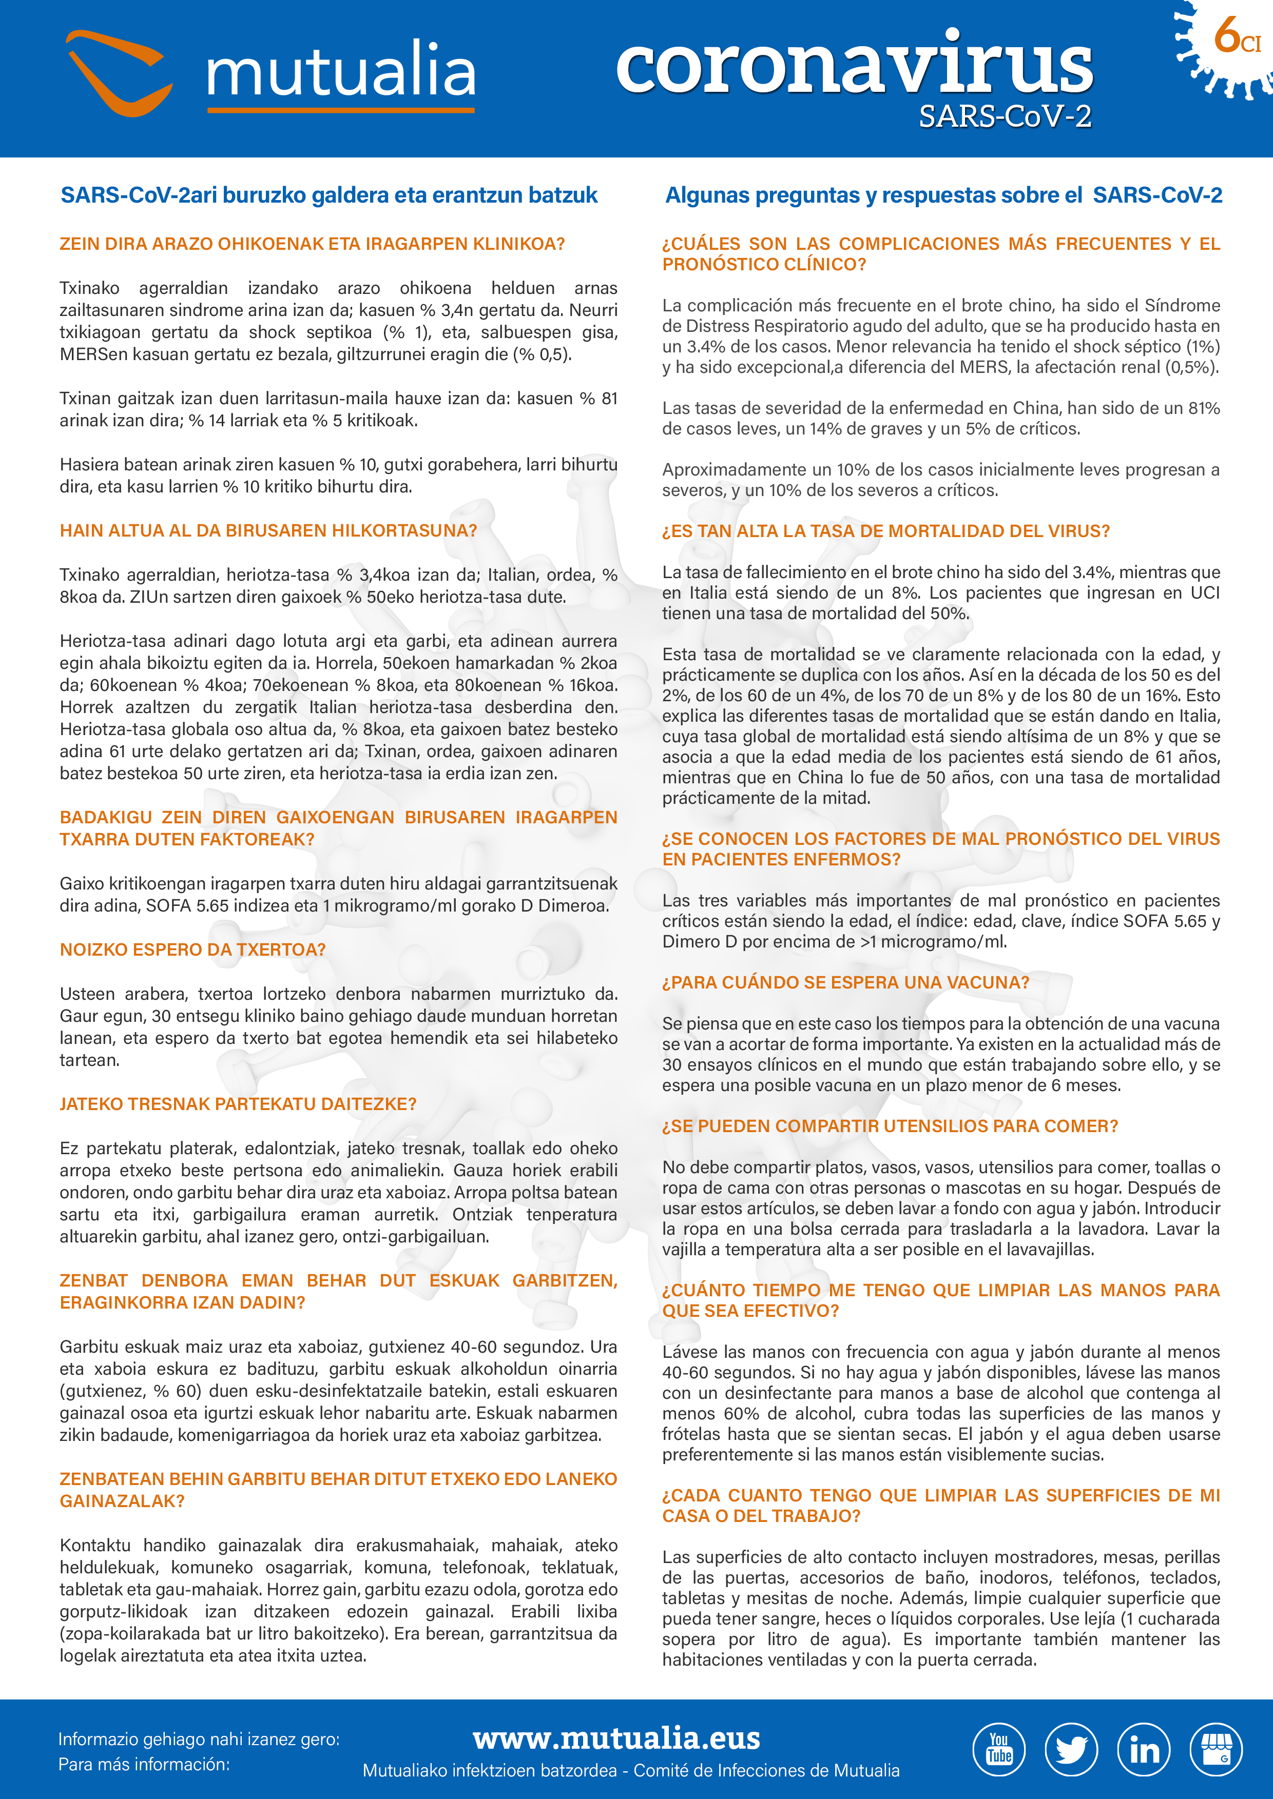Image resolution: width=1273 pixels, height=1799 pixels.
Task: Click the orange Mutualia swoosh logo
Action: point(119,72)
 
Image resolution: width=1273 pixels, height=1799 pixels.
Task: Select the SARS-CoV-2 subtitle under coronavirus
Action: point(1005,117)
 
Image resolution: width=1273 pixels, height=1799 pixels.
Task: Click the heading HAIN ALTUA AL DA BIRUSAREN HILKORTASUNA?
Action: point(268,530)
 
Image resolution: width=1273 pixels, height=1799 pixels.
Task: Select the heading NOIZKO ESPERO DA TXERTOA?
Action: point(192,950)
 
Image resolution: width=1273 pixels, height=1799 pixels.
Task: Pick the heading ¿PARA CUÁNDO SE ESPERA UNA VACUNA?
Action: point(845,982)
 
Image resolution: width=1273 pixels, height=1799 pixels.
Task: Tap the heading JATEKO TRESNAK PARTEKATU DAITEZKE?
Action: point(238,1104)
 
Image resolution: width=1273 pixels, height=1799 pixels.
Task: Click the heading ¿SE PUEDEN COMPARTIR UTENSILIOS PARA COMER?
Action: point(890,1126)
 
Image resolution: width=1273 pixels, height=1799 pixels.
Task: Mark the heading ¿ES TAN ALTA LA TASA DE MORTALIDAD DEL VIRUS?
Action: point(886,531)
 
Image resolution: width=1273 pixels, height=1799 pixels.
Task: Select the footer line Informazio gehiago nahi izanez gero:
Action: point(198,1738)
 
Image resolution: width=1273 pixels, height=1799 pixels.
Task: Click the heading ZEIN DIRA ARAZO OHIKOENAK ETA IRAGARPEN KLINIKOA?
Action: point(312,244)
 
